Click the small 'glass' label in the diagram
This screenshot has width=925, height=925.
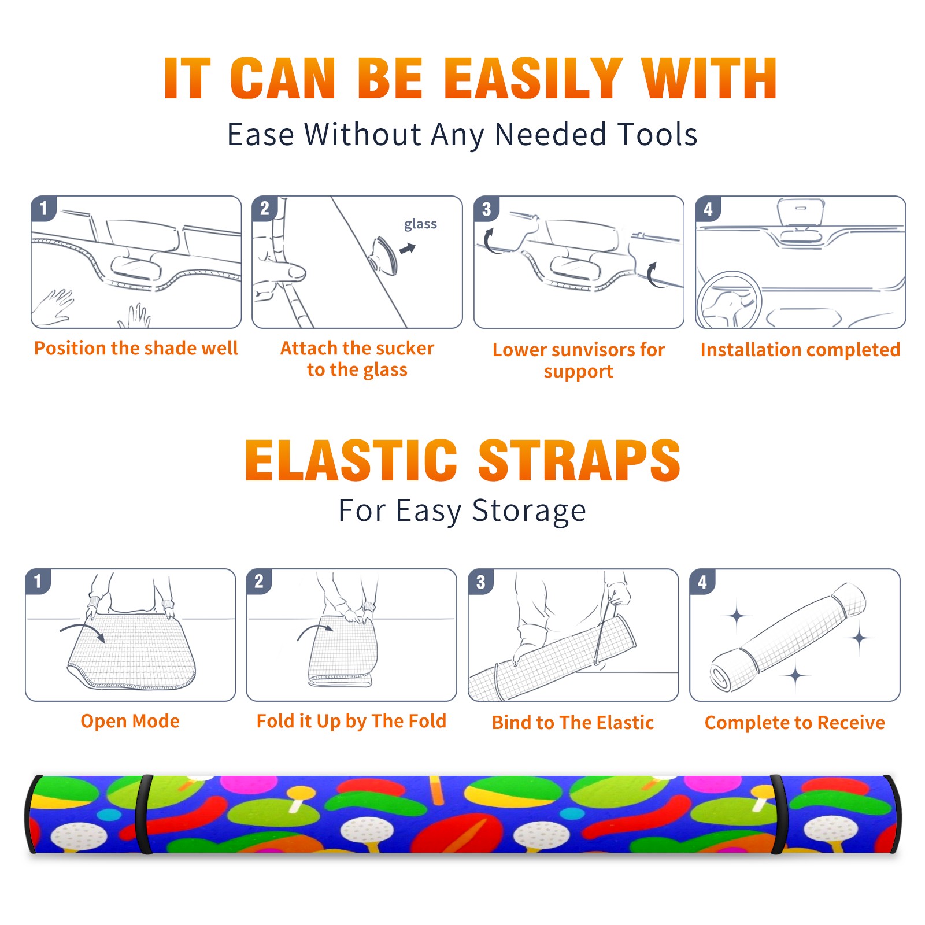(x=420, y=224)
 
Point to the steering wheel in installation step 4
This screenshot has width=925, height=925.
(x=728, y=300)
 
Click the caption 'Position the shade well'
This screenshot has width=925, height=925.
(x=136, y=348)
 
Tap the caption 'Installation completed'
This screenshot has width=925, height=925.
(x=800, y=350)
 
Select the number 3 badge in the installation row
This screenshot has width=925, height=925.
(x=486, y=209)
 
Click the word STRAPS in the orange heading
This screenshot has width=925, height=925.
(x=579, y=460)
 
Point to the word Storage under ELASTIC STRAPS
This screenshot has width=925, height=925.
(x=529, y=511)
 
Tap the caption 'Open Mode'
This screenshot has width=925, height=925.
(x=130, y=721)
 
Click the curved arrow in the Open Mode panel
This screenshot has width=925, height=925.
(x=82, y=629)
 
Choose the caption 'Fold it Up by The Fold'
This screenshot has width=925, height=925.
(x=351, y=721)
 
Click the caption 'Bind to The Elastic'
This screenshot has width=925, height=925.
(x=573, y=723)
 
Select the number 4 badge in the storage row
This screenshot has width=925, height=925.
(x=702, y=582)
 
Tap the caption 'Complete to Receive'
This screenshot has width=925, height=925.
(x=795, y=723)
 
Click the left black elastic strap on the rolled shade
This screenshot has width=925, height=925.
(x=145, y=814)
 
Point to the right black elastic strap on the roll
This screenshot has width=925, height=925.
(x=779, y=814)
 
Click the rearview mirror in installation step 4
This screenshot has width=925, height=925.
(x=801, y=213)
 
